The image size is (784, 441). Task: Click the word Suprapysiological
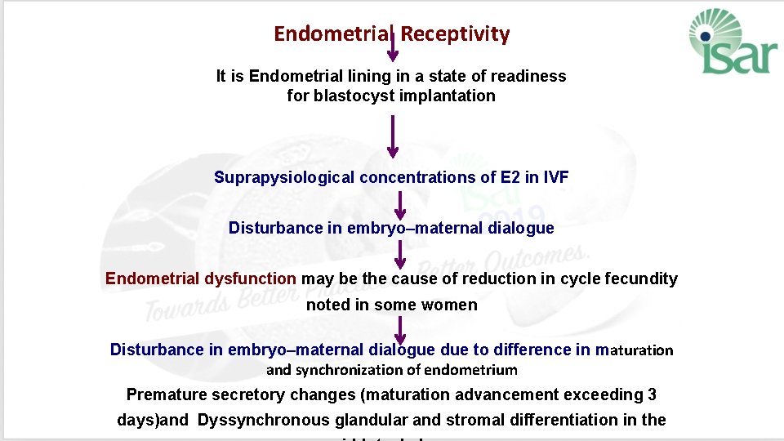point(284,177)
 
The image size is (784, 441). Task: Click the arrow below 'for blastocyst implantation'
point(393,136)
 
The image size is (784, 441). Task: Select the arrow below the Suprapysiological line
point(400,204)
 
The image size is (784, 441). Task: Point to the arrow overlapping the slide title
point(393,46)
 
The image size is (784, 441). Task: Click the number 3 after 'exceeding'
point(652,395)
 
